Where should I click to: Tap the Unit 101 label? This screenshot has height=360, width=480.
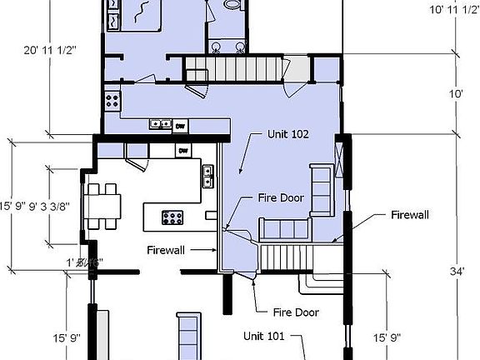264,337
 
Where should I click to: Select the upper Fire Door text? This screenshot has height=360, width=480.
279,198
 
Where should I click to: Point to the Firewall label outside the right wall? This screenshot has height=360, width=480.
409,215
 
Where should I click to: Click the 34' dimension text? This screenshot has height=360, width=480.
457,270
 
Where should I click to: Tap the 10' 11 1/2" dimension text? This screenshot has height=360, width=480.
453,10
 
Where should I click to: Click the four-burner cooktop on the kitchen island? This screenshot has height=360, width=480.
172,217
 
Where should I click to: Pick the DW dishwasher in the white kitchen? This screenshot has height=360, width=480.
183,151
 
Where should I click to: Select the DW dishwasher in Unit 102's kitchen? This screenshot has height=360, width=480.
180,126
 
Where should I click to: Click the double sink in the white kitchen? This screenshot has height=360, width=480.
207,177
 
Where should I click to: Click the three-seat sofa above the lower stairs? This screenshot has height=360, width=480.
282,228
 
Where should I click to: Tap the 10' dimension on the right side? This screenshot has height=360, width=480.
457,94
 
